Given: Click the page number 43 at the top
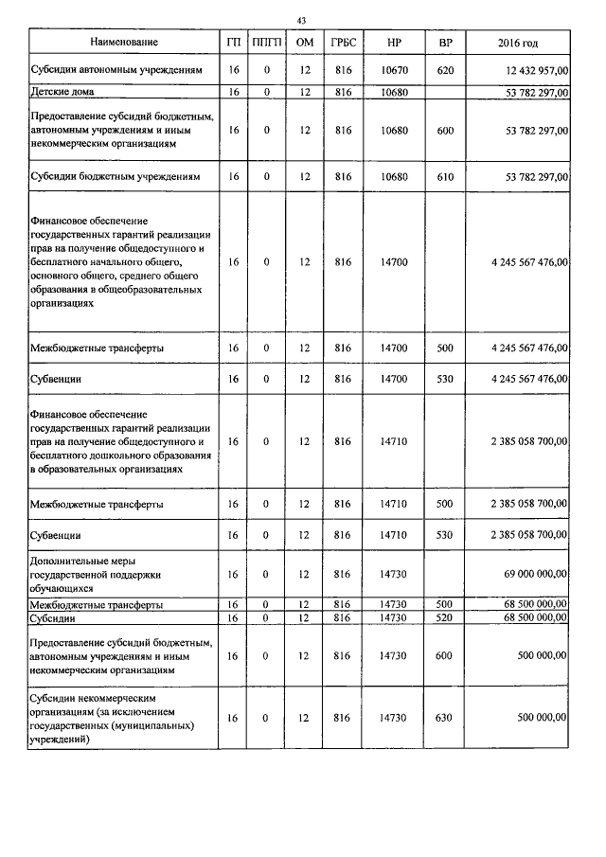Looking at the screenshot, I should tap(301, 20).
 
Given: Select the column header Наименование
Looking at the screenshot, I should tap(124, 42).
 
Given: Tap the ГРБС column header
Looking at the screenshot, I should tap(343, 42).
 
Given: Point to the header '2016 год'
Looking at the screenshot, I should tap(518, 42).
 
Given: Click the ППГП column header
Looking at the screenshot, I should tap(266, 42).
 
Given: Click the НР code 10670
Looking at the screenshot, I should tap(392, 70).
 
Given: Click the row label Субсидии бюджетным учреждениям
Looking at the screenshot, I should tap(116, 176).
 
